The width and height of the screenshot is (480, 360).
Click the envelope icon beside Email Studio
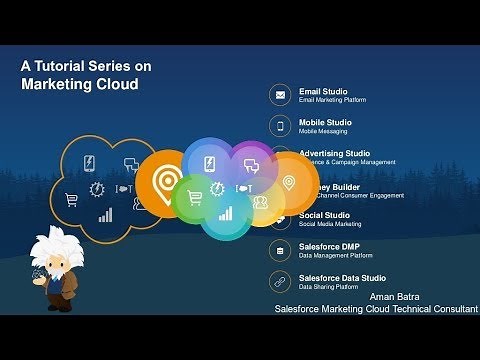point(280,96)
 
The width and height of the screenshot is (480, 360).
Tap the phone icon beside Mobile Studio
point(280,126)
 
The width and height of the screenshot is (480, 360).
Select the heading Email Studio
point(323,91)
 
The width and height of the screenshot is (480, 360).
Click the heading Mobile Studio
point(325,122)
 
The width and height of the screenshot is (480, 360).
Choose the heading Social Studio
point(324,215)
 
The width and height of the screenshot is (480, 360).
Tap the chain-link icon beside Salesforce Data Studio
point(280,281)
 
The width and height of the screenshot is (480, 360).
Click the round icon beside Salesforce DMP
point(280,250)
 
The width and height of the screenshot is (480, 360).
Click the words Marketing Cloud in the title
point(80,84)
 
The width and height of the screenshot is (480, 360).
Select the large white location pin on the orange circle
point(165,181)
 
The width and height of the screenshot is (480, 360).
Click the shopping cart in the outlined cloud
point(71,199)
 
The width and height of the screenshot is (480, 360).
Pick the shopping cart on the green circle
point(195,196)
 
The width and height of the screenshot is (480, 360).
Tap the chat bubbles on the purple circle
point(251,160)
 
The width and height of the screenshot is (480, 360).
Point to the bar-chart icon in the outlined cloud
point(105,214)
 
